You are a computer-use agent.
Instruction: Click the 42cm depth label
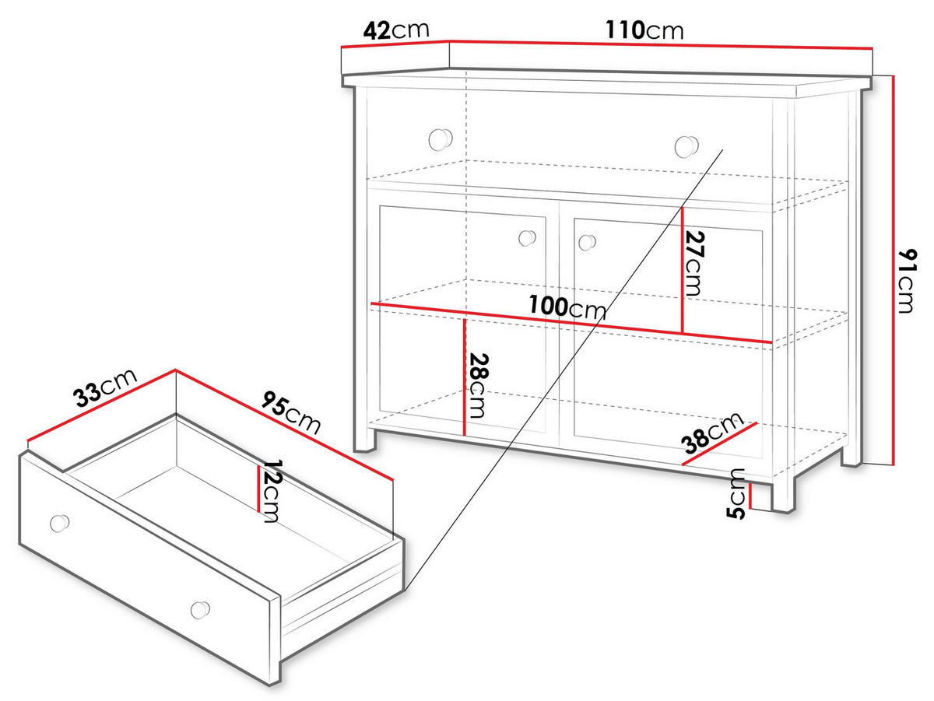tap(396, 30)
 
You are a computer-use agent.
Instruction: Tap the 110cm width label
tap(644, 30)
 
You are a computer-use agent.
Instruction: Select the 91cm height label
tap(907, 281)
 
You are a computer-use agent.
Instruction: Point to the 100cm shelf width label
tap(567, 307)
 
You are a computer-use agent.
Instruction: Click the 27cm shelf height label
tap(694, 263)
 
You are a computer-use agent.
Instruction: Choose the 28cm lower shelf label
tap(478, 385)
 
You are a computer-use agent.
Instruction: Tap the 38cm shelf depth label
tap(713, 433)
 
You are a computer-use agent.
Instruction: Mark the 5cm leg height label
tap(736, 493)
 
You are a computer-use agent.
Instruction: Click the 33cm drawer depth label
tap(106, 387)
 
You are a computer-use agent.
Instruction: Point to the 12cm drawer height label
tap(272, 491)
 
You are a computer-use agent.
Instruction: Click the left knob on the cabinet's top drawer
tap(440, 139)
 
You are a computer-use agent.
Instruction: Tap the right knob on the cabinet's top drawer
tap(686, 146)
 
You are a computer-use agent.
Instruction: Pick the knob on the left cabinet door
tap(527, 238)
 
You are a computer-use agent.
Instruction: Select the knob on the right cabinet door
tap(587, 243)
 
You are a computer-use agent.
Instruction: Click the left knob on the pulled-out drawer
tap(60, 523)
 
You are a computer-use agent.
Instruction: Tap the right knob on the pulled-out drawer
tap(200, 610)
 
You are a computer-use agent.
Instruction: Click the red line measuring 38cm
tap(719, 443)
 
